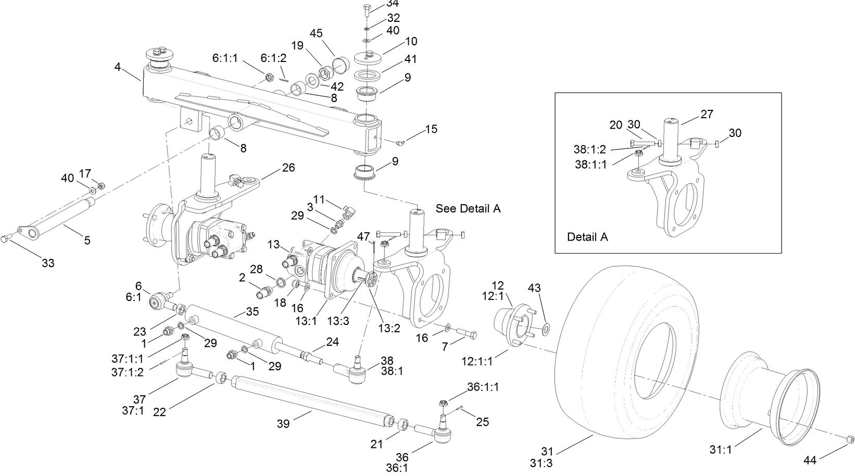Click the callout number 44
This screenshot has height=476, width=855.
810,460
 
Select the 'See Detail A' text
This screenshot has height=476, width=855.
468,209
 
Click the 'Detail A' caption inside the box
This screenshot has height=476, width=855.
587,237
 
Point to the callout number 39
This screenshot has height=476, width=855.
284,424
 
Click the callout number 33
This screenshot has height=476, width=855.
48,264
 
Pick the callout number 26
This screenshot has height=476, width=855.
288,168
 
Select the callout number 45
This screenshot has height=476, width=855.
317,33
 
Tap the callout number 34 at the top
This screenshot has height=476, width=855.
393,4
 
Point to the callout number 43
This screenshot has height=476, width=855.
535,287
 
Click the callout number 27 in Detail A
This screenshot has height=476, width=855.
707,114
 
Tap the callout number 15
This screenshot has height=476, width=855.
431,129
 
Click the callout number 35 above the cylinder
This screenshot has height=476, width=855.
252,311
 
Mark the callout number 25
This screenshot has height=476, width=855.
483,421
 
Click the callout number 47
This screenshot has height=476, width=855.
363,237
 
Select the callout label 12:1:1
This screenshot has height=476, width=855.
476,360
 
